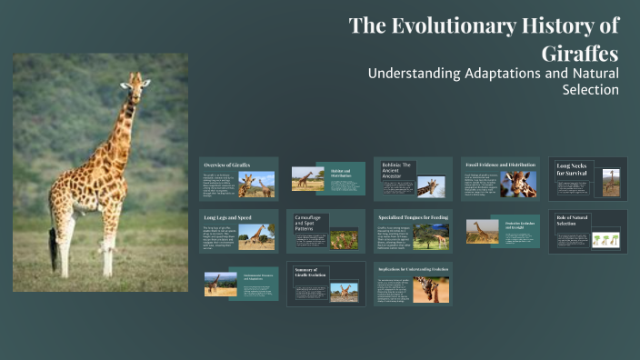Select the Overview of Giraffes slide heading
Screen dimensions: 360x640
coord(227,165)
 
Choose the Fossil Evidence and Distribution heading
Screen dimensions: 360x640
coord(501,164)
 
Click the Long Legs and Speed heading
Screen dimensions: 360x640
coord(226,218)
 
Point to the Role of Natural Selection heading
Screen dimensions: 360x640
coord(575,220)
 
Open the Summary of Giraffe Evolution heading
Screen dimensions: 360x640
coord(310,274)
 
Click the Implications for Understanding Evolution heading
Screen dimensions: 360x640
coord(414,269)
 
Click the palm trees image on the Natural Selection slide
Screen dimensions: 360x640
coord(605,240)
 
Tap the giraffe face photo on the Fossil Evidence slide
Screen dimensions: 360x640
coord(519,185)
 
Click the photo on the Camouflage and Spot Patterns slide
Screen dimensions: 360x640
coord(344,238)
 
